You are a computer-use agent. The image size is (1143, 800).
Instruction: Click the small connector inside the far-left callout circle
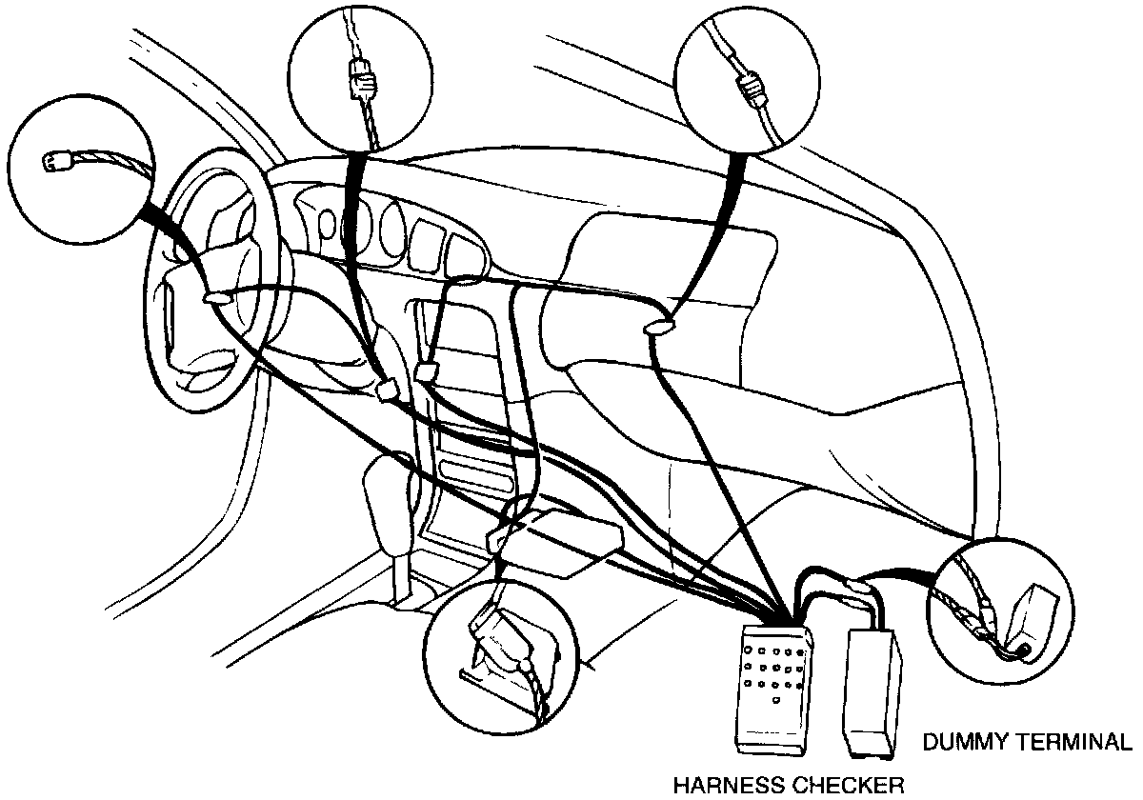(x=55, y=163)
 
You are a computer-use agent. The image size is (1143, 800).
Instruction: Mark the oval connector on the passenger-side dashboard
(x=656, y=329)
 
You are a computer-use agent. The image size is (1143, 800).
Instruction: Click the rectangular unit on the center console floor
(x=562, y=543)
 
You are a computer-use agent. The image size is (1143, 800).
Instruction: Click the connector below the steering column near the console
(x=386, y=389)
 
